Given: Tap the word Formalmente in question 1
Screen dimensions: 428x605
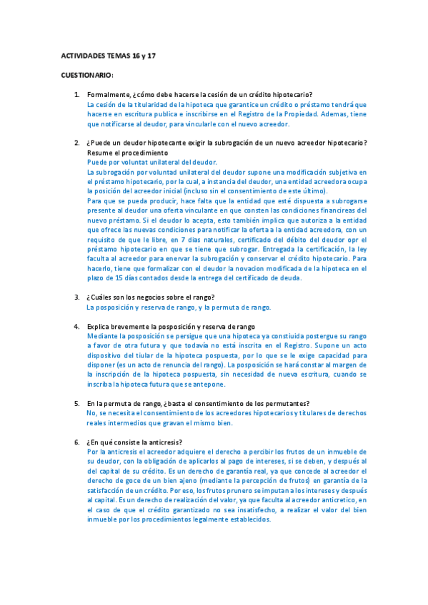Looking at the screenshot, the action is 108,95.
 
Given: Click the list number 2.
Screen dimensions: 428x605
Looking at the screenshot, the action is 77,143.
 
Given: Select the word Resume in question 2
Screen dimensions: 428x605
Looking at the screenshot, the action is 99,153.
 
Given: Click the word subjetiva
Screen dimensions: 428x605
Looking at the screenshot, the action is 335,172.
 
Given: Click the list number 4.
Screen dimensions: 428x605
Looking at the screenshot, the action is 77,326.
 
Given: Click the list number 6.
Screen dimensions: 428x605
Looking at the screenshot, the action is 77,442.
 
